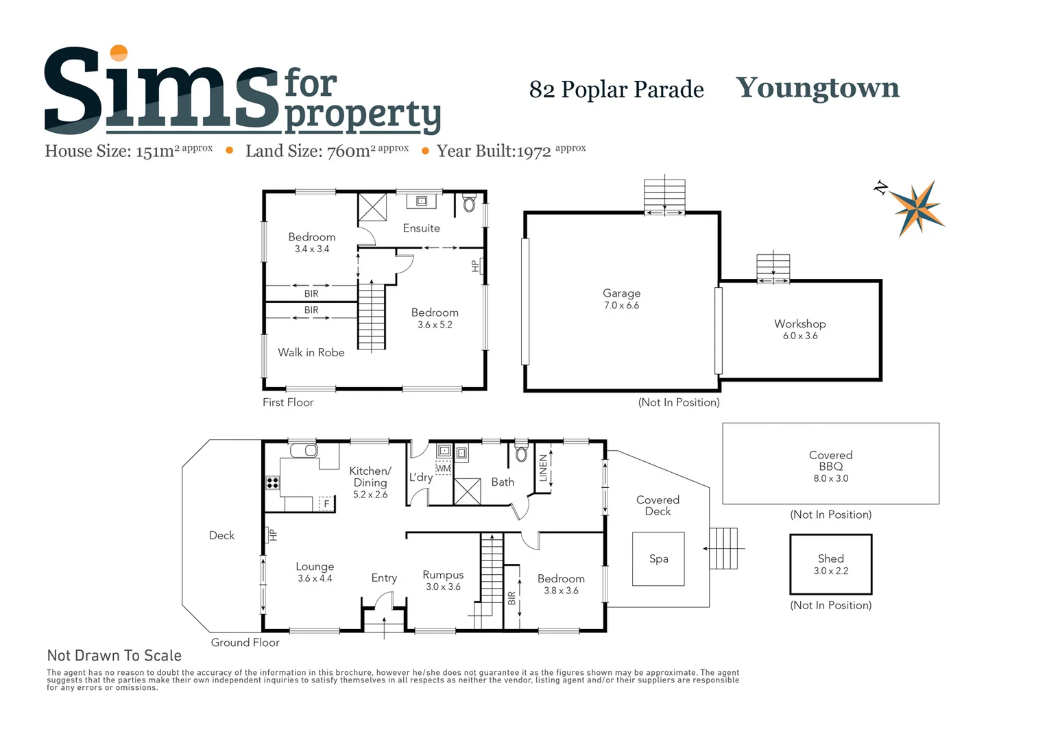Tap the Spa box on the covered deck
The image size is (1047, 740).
(658, 558)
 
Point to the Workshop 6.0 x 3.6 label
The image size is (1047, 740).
(799, 329)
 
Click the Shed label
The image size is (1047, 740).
(830, 558)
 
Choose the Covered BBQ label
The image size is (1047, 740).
(830, 460)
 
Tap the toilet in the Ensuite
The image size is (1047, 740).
(470, 203)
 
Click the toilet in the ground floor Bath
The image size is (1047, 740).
(521, 453)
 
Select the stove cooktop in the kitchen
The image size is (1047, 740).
(273, 482)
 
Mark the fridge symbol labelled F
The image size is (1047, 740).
(326, 504)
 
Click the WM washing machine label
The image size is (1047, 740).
(443, 469)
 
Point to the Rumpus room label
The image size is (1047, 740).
(443, 575)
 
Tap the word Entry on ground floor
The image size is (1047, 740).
(384, 578)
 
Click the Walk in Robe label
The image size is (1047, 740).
(311, 352)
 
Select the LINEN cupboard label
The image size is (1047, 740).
(544, 468)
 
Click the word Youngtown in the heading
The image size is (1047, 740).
(817, 88)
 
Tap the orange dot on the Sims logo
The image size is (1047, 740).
(119, 53)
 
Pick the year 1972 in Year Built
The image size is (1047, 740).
(533, 151)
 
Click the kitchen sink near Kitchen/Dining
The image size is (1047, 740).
(304, 450)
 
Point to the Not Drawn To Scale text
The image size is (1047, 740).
(114, 656)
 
